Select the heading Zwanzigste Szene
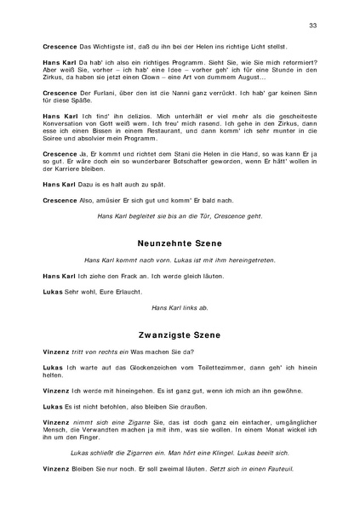(180, 335)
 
